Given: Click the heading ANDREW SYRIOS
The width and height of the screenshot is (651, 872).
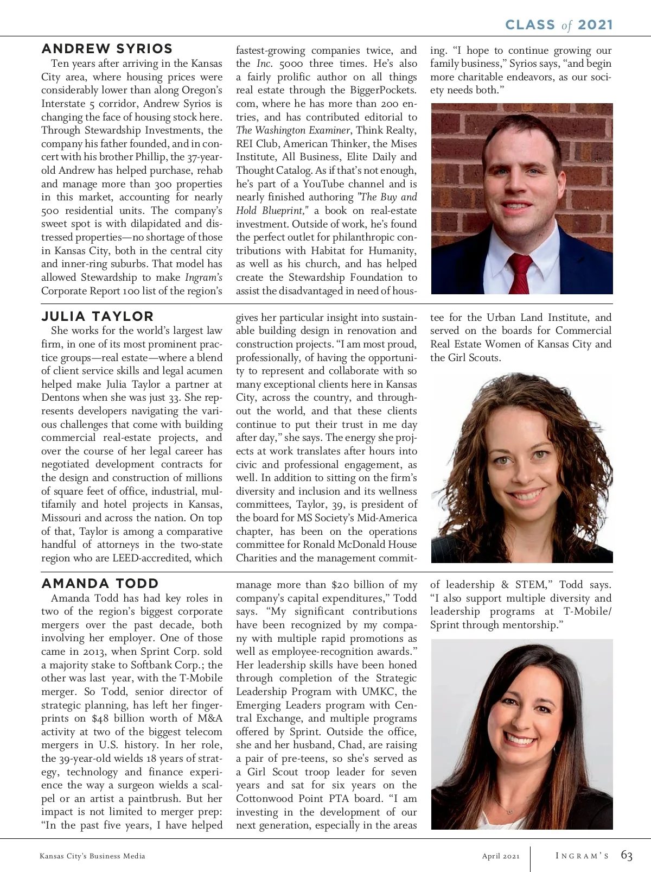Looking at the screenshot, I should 107,49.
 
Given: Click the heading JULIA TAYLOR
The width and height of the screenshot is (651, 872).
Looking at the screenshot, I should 98,316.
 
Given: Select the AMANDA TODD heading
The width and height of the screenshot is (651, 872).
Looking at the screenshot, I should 100,584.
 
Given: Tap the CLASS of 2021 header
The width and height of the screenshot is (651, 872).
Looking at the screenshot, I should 559,25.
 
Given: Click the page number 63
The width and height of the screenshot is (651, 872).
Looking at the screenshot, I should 627,856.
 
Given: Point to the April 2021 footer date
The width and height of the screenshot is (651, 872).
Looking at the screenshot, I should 501,856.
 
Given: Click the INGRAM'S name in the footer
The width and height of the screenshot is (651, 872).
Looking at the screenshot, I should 582,856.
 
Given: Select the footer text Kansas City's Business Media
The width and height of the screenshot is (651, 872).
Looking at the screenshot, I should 92,856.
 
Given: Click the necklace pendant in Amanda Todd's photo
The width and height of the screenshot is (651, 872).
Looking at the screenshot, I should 509,810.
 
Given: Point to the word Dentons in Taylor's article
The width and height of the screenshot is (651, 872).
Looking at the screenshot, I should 61,397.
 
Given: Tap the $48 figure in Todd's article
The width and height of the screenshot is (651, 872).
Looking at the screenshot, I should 100,718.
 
